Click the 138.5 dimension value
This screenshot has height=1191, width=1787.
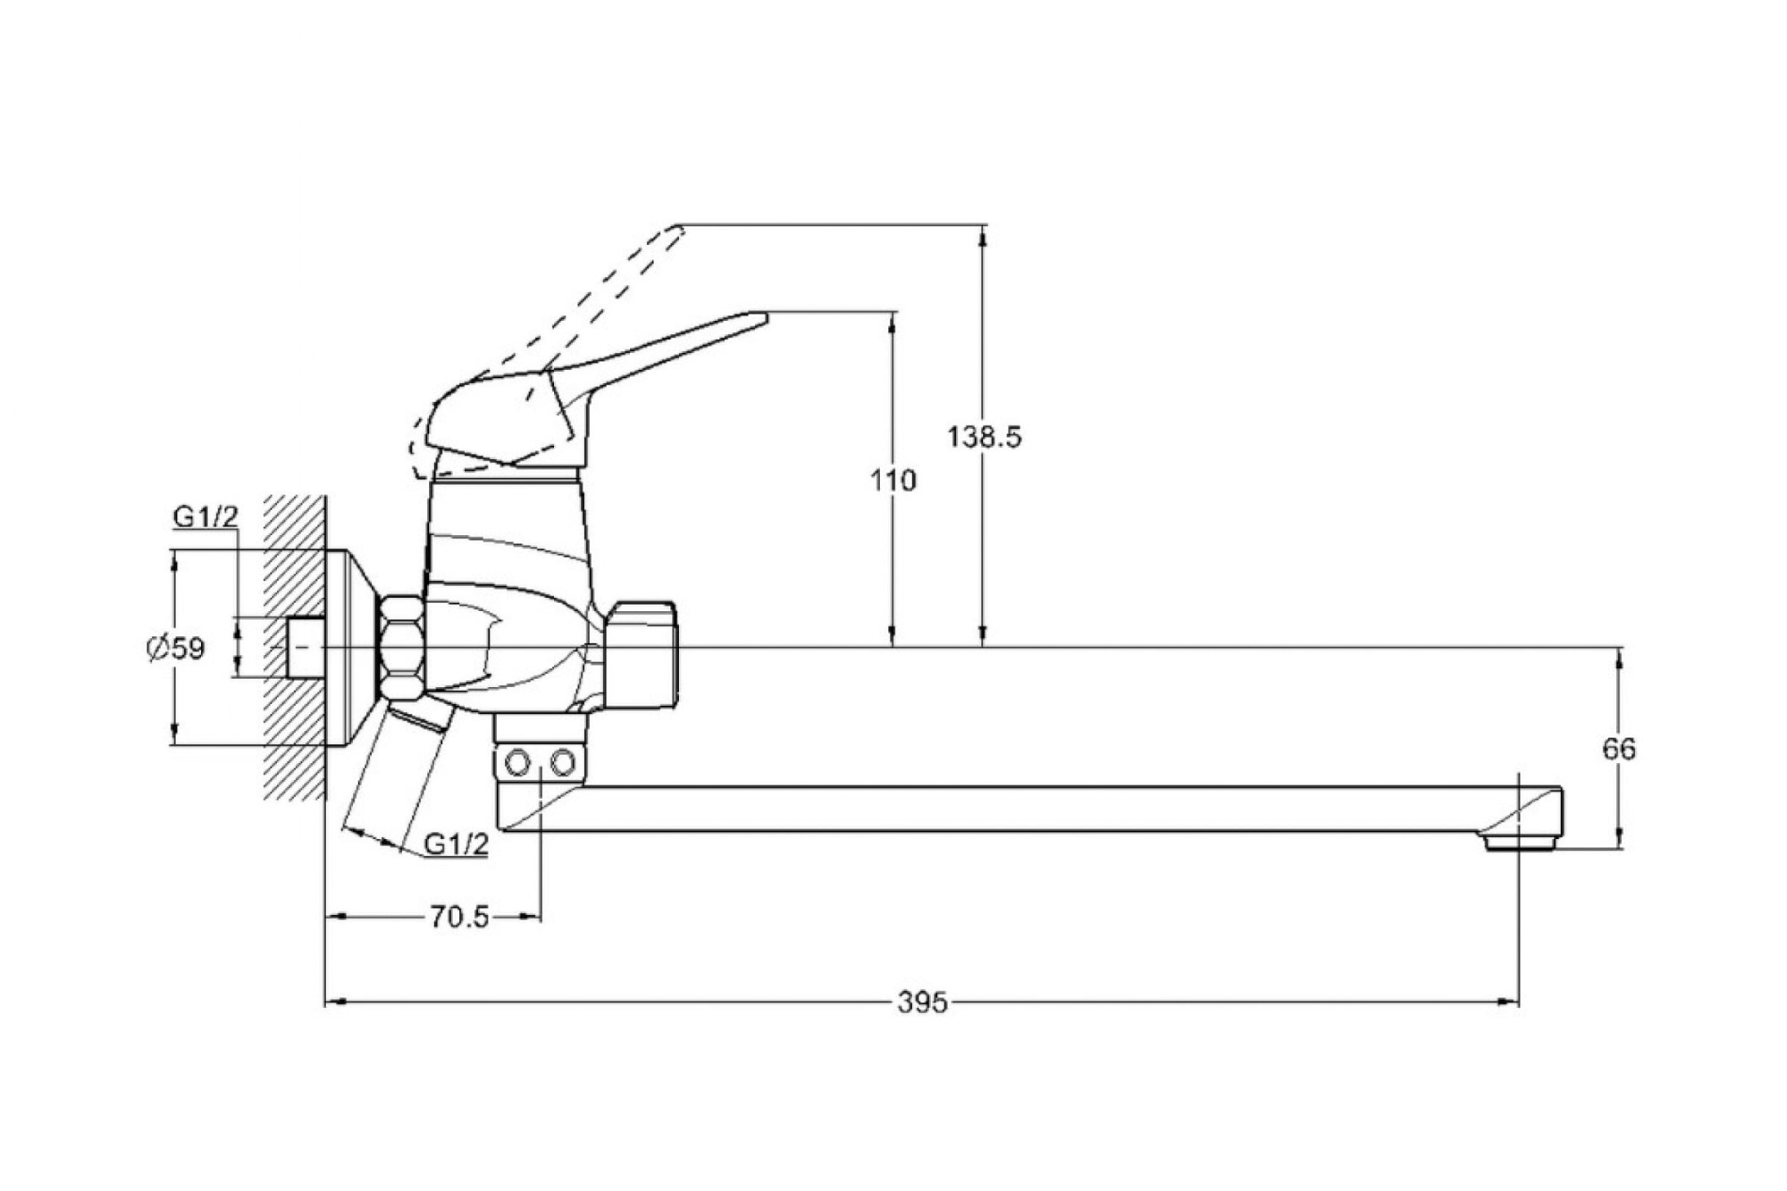(x=984, y=437)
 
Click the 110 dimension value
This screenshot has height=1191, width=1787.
(x=893, y=481)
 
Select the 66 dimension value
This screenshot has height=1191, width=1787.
(x=1619, y=749)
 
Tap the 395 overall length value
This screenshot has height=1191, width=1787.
(x=922, y=1002)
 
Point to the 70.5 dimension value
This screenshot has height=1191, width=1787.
(x=459, y=917)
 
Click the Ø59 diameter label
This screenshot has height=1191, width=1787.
(x=176, y=648)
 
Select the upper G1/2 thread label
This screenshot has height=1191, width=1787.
(x=206, y=516)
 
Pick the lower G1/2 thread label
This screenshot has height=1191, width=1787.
(x=456, y=843)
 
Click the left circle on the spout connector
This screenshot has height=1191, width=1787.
(x=518, y=763)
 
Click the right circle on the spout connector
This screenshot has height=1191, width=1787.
(x=563, y=763)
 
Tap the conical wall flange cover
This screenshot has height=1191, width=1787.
(x=353, y=649)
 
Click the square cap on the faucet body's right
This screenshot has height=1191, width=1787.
(x=641, y=655)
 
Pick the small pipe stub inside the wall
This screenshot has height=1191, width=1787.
(x=306, y=648)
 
